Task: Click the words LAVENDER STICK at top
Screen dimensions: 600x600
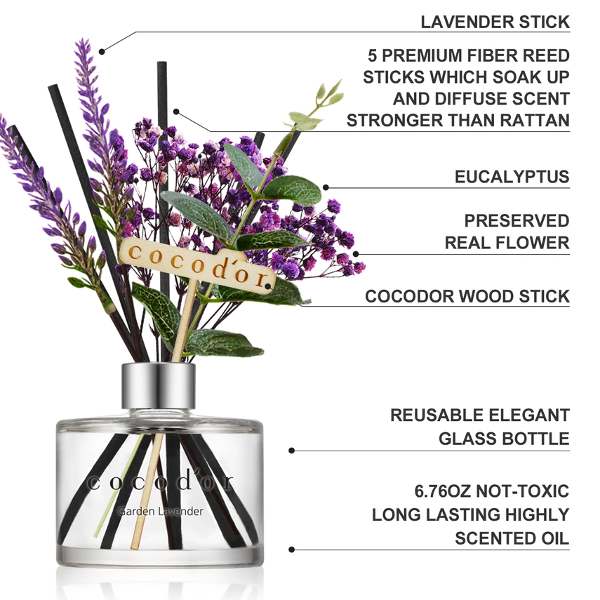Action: (495, 22)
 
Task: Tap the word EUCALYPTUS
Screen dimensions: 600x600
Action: (512, 177)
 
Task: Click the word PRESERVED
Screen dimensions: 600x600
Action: (516, 221)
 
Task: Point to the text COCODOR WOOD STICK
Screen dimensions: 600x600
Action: (467, 296)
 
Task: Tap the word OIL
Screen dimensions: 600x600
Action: (553, 538)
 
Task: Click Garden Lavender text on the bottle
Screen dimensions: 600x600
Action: (161, 512)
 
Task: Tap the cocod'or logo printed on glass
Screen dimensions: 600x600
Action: (160, 484)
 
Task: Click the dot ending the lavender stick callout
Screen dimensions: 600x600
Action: (102, 51)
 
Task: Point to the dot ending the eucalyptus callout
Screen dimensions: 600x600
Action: (325, 187)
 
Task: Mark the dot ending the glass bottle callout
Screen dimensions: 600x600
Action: (291, 451)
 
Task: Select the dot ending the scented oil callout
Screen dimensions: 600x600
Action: (291, 550)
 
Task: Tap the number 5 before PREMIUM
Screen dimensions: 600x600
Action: (374, 55)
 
